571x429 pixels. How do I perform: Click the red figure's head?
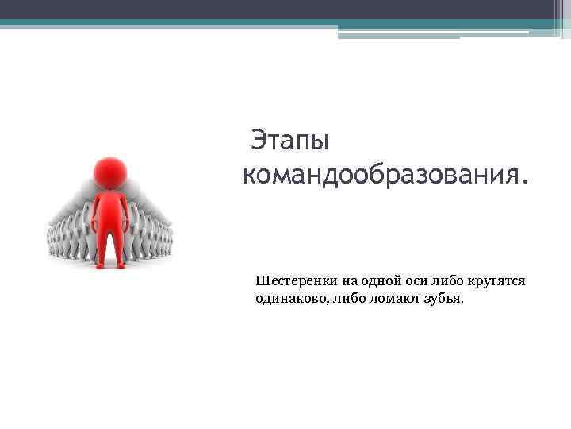(109, 172)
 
